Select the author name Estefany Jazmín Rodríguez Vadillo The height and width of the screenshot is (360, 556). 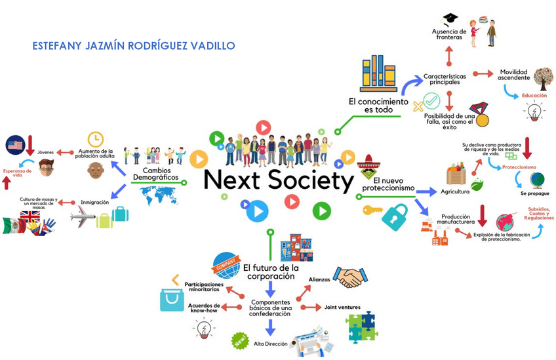point(134,46)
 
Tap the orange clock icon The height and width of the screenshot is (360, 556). point(96,138)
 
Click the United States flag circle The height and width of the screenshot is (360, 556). point(14,145)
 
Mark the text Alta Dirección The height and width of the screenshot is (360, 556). point(270,344)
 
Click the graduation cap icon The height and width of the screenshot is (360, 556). point(450,19)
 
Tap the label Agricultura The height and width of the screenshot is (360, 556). point(455,191)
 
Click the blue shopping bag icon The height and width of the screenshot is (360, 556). point(172,299)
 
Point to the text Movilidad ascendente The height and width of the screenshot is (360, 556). point(513,75)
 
